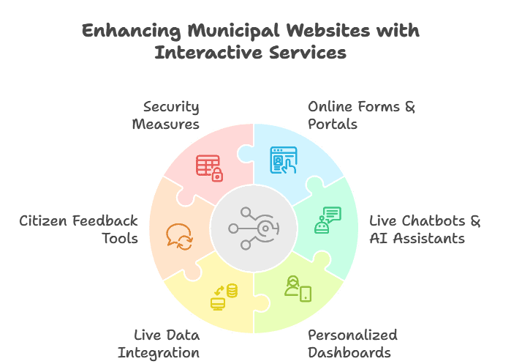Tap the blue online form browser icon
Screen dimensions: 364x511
pos(284,160)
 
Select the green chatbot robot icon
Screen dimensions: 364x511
pos(327,220)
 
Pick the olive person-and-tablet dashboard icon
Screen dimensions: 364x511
pos(298,288)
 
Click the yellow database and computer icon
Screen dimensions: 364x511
pos(224,296)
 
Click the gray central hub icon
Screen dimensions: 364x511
pos(253,228)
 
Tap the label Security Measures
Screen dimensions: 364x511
pos(166,115)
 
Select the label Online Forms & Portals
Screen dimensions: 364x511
pos(361,115)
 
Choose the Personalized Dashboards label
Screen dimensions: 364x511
pos(352,343)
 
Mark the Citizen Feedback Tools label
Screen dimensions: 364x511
pos(79,229)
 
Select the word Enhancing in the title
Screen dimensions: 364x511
pos(124,31)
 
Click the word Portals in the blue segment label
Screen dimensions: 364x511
pos(333,124)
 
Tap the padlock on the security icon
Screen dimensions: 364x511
pos(216,175)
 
